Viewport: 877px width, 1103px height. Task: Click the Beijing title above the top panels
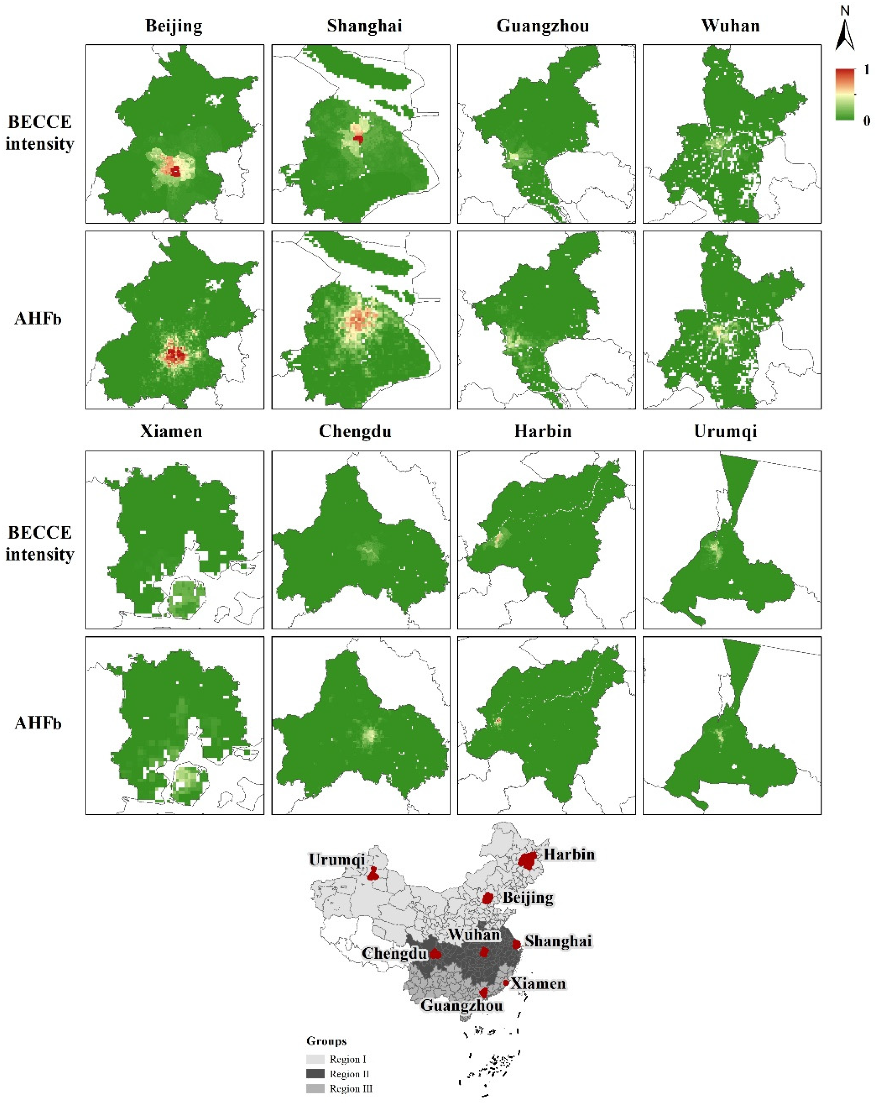click(174, 26)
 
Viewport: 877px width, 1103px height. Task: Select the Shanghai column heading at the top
click(364, 26)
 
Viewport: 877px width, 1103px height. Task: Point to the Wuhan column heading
click(730, 26)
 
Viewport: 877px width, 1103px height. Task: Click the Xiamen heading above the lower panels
click(171, 431)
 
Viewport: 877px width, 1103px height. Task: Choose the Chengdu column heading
click(355, 431)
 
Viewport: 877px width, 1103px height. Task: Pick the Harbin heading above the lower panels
click(543, 431)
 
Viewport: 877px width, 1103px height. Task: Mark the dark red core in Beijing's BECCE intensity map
click(175, 171)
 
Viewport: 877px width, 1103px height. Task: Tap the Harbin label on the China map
click(569, 854)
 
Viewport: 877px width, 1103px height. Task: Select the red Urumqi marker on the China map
click(373, 874)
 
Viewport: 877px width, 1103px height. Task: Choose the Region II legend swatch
click(315, 1073)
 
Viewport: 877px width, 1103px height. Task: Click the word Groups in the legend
click(326, 1041)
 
